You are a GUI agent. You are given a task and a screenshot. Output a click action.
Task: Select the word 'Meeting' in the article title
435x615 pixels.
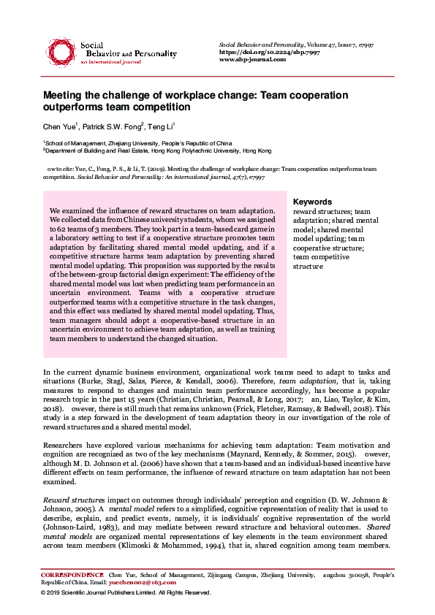pos(67,96)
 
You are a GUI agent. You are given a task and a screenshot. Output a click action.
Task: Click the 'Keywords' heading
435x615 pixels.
pos(312,202)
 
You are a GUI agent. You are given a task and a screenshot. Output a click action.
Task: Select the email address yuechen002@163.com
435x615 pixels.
pos(142,583)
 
